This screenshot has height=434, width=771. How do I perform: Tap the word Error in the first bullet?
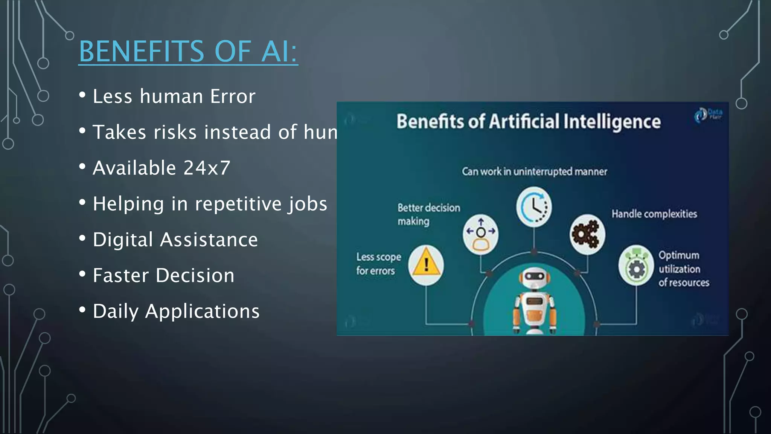pos(233,96)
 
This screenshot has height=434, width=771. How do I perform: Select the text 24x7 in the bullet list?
pos(207,168)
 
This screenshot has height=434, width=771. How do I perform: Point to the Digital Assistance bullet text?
pos(175,240)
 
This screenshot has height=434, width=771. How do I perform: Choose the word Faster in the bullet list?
pos(121,275)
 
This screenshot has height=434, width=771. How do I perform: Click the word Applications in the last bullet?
pos(202,311)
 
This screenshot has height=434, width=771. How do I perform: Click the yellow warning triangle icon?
pos(426,265)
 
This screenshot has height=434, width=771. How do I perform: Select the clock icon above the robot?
pos(534,207)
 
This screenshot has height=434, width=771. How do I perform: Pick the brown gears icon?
pos(587,234)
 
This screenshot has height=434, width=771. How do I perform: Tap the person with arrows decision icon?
pos(480,234)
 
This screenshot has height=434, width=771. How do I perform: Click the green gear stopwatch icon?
pos(636,265)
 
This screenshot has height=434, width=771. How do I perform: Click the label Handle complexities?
pos(654,214)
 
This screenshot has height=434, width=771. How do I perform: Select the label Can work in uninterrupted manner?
pos(534,172)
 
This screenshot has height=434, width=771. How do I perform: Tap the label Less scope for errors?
pos(378,264)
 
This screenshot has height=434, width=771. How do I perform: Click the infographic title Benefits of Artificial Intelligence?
pos(528,122)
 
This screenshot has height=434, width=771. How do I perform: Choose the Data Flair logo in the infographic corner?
pos(708,115)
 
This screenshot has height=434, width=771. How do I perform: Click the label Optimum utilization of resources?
pos(683,269)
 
